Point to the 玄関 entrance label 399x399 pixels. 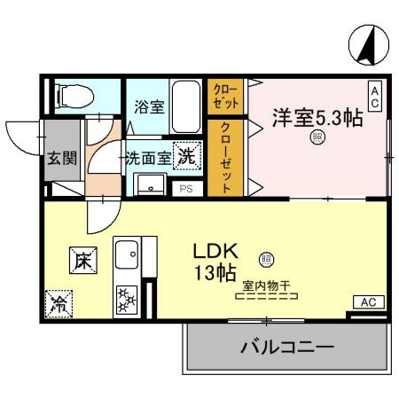(x=61, y=159)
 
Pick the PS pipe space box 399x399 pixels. (x=186, y=188)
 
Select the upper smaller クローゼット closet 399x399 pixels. (x=224, y=96)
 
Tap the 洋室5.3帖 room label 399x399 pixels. (x=317, y=118)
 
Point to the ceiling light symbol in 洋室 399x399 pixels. (x=316, y=138)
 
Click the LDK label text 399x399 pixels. (x=215, y=251)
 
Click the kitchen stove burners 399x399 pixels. (x=124, y=299)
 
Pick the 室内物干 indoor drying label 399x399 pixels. (x=265, y=286)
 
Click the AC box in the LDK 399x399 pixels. (x=368, y=303)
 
